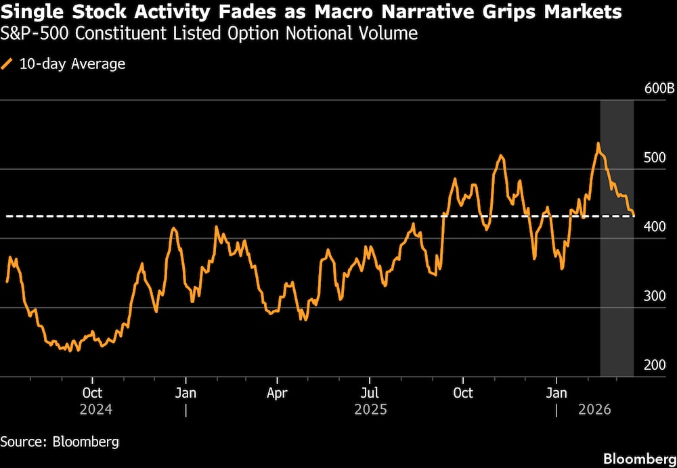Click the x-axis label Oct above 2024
(x=92, y=393)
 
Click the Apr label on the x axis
(x=278, y=393)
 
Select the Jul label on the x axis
(x=370, y=393)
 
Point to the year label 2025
(x=370, y=410)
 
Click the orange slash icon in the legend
(x=7, y=64)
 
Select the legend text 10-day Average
(x=72, y=64)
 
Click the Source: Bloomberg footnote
(x=60, y=442)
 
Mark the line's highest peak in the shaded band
(x=598, y=143)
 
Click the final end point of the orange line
(x=634, y=216)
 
